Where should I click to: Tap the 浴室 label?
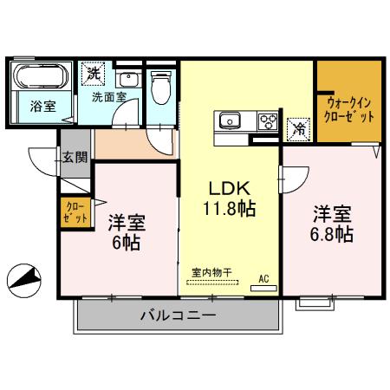coord(40,108)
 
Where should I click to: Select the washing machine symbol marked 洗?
coord(93,75)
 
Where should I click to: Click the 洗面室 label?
coord(108,98)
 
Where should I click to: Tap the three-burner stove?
coord(269,121)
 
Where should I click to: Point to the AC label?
coord(264,279)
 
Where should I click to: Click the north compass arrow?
coord(25,278)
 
